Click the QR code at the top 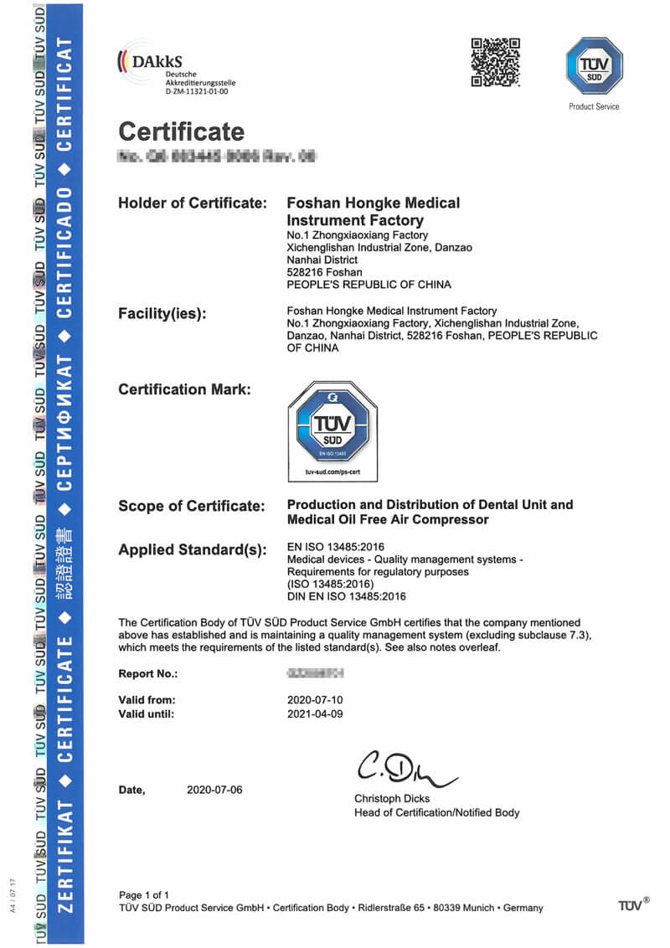click(496, 61)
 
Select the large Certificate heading click(181, 131)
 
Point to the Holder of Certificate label click(193, 204)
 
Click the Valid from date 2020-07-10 click(315, 700)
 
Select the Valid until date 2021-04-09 click(315, 714)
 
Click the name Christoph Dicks click(392, 799)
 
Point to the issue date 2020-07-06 click(214, 790)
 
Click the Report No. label click(148, 674)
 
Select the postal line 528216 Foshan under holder click(325, 272)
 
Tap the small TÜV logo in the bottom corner click(633, 904)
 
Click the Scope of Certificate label click(192, 506)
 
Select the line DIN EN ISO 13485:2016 click(346, 596)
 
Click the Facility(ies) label click(162, 314)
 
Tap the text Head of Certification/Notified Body click(436, 812)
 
